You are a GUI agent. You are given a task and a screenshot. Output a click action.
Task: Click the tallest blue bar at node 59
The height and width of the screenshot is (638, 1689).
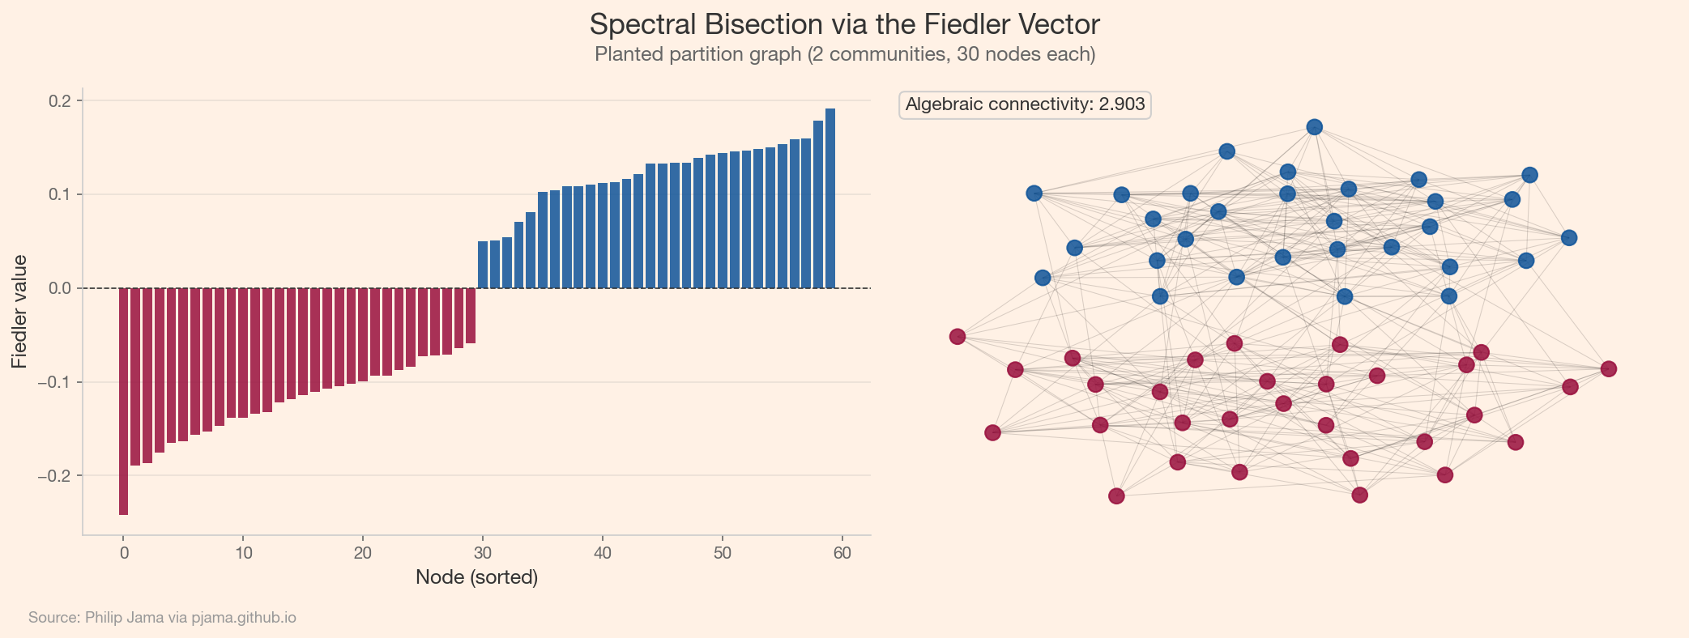(x=830, y=198)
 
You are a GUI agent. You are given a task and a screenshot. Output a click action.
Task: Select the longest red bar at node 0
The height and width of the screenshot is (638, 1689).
(x=123, y=401)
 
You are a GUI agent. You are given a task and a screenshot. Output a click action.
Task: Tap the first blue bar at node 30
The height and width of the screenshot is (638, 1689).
(x=483, y=265)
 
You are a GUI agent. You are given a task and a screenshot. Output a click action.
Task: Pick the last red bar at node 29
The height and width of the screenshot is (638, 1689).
(x=471, y=316)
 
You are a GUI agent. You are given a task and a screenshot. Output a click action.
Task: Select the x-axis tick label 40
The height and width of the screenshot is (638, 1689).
(x=603, y=553)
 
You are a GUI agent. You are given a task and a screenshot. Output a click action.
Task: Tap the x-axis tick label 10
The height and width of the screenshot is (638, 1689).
(x=243, y=553)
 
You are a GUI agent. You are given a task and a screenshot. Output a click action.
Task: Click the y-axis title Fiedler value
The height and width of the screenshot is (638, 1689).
(x=20, y=312)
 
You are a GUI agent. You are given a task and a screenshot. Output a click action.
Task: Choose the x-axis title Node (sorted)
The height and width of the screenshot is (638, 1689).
(x=476, y=577)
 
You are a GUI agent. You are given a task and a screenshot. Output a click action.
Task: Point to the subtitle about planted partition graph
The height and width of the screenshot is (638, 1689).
(x=844, y=55)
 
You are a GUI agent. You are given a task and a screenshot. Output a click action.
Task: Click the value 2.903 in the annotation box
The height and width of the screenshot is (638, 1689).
(x=1121, y=104)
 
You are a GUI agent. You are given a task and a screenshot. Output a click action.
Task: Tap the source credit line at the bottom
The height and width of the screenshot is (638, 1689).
(x=162, y=618)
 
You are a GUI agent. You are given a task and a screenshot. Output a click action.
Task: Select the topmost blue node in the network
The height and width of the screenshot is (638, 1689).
(x=1315, y=127)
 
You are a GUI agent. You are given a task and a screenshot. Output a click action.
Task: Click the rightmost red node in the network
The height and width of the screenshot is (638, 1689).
(x=1609, y=369)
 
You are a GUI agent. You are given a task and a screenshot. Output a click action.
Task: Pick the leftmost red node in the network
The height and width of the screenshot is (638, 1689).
(x=958, y=337)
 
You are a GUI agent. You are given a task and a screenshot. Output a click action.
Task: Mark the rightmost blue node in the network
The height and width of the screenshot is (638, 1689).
(x=1569, y=238)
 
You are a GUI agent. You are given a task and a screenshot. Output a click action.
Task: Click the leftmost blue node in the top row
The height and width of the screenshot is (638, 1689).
(x=1034, y=194)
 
